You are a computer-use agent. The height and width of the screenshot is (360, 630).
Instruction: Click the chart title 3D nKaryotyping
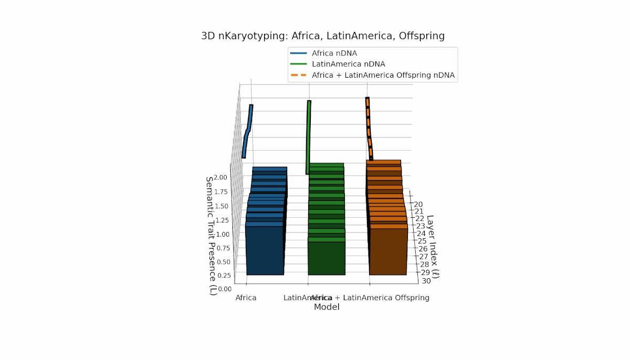(x=323, y=36)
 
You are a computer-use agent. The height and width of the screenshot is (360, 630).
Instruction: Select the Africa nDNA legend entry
(x=334, y=53)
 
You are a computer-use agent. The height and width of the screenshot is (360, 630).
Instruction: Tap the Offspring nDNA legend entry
(x=383, y=75)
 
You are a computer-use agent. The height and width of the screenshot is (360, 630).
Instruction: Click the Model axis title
(x=327, y=308)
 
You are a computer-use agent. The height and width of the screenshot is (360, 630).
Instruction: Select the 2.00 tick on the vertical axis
(x=220, y=177)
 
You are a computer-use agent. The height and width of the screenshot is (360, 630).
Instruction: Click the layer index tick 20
(x=418, y=204)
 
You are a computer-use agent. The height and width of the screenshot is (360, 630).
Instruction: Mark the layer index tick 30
(x=426, y=281)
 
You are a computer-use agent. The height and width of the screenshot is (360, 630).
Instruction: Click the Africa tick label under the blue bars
(x=246, y=298)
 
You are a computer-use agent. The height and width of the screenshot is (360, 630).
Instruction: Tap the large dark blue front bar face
(x=265, y=251)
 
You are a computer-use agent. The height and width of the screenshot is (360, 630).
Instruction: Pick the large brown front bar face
(x=388, y=252)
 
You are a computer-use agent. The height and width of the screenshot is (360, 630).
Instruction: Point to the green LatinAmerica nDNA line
(x=308, y=136)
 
